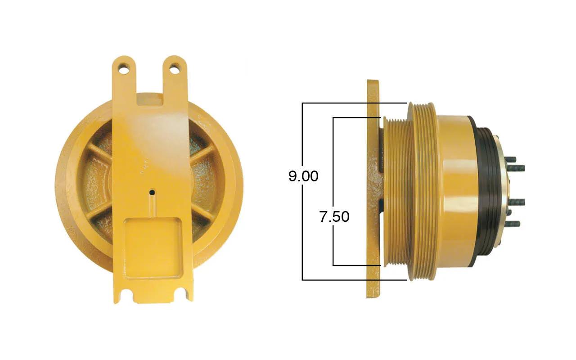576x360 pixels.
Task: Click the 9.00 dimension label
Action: [x=303, y=176]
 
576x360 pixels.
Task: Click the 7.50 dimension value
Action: [x=334, y=216]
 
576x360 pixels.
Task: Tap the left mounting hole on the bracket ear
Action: [x=124, y=69]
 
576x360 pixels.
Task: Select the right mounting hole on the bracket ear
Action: [x=175, y=68]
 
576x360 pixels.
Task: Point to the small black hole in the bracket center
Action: [x=152, y=192]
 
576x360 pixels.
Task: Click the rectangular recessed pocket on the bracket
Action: [x=153, y=248]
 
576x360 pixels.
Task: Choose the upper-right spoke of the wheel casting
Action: [x=202, y=153]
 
